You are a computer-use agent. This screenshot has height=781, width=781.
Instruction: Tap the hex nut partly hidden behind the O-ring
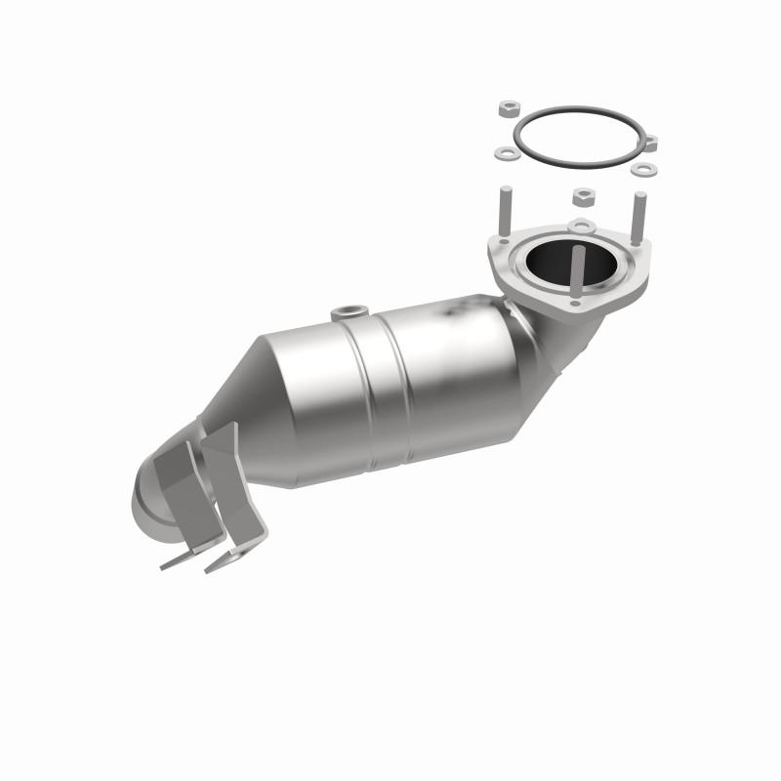[x=650, y=144]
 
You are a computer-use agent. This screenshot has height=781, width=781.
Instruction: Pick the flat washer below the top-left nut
[x=506, y=153]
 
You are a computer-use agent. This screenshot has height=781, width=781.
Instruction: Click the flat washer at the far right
[x=642, y=169]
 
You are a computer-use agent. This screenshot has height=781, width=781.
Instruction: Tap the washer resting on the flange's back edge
[x=582, y=227]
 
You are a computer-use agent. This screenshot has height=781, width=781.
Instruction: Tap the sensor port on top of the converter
[x=347, y=314]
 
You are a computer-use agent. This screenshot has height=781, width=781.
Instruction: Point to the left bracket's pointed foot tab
[x=177, y=562]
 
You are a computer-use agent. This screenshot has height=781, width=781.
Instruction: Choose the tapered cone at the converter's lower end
[x=283, y=390]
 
